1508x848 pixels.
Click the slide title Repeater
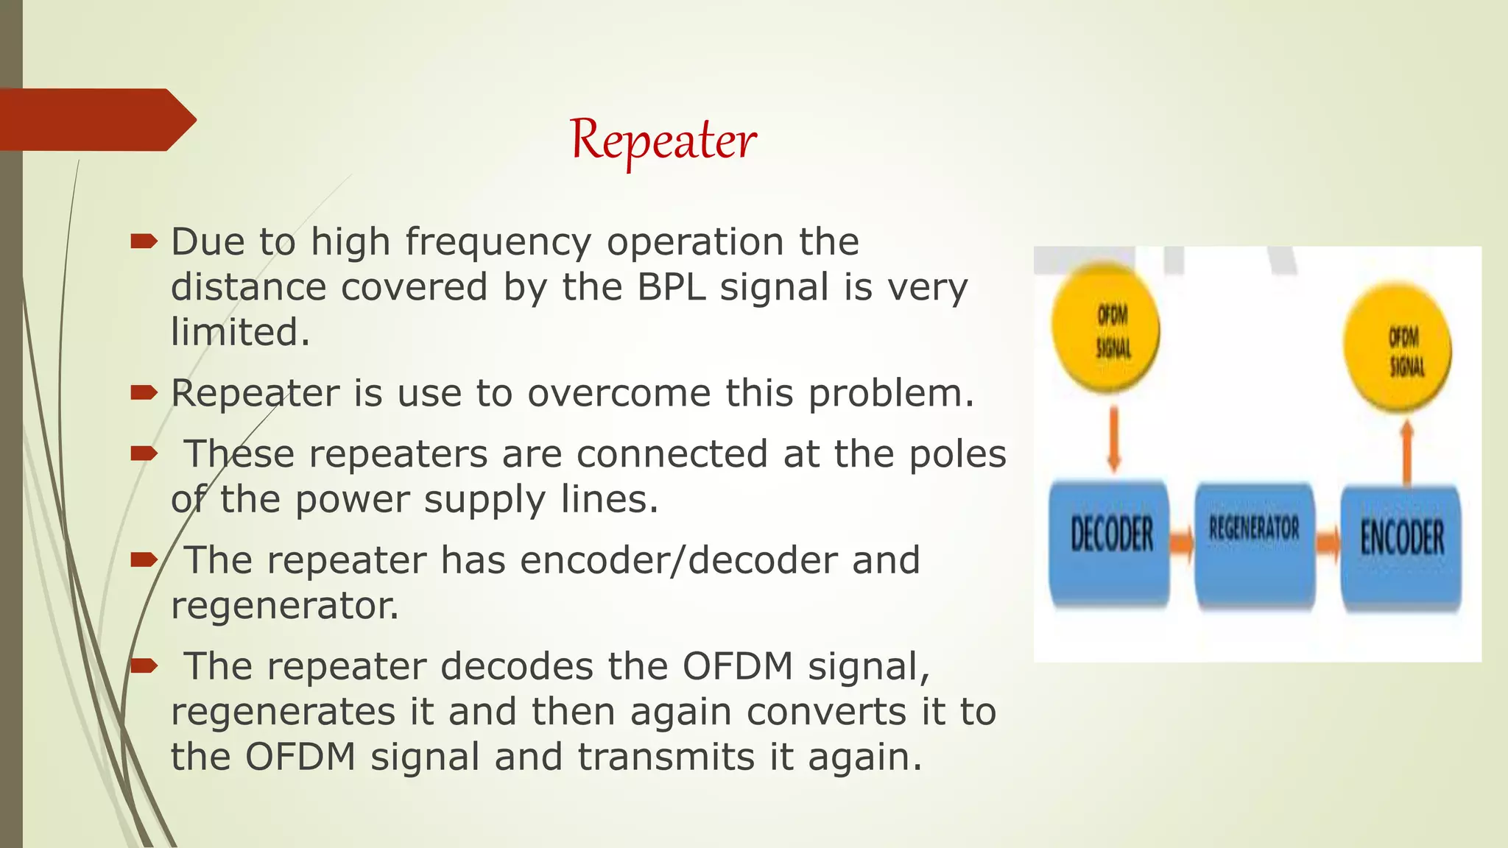[663, 140]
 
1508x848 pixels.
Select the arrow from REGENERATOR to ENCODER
[1328, 544]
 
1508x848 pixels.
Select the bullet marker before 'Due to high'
[144, 241]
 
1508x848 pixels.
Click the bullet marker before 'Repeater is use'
[144, 392]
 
